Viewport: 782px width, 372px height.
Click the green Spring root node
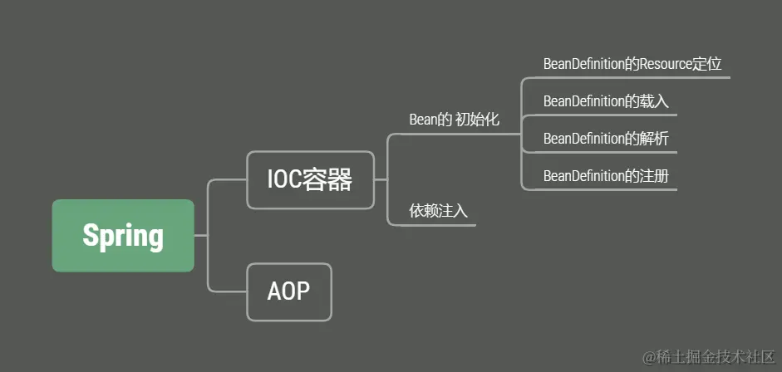click(123, 236)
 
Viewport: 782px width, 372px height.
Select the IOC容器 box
click(310, 179)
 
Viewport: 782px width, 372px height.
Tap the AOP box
click(288, 291)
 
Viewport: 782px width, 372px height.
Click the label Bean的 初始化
click(454, 120)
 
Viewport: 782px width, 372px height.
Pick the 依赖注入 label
click(438, 211)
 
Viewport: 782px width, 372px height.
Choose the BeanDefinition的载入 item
click(606, 101)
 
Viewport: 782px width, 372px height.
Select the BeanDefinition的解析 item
click(606, 139)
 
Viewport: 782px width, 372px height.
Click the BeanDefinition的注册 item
click(606, 176)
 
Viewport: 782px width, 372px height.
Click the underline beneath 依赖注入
click(432, 225)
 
